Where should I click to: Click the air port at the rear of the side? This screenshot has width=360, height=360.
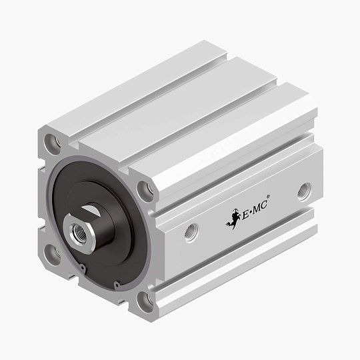pos(304,189)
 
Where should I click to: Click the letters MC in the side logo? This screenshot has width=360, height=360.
pos(265,207)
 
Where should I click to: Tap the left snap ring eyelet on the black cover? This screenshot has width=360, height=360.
pos(81,269)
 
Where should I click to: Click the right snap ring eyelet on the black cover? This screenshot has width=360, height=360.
pos(116,287)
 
